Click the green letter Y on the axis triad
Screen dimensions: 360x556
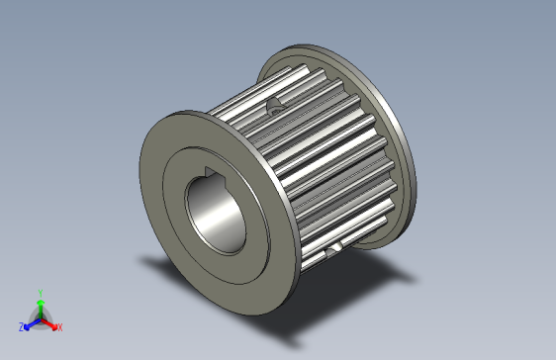(40, 293)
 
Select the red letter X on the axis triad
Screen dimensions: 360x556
(59, 326)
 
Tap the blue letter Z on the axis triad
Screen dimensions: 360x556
(21, 326)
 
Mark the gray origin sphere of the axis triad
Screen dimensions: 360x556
(40, 317)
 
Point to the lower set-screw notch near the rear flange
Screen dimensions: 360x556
(337, 243)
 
